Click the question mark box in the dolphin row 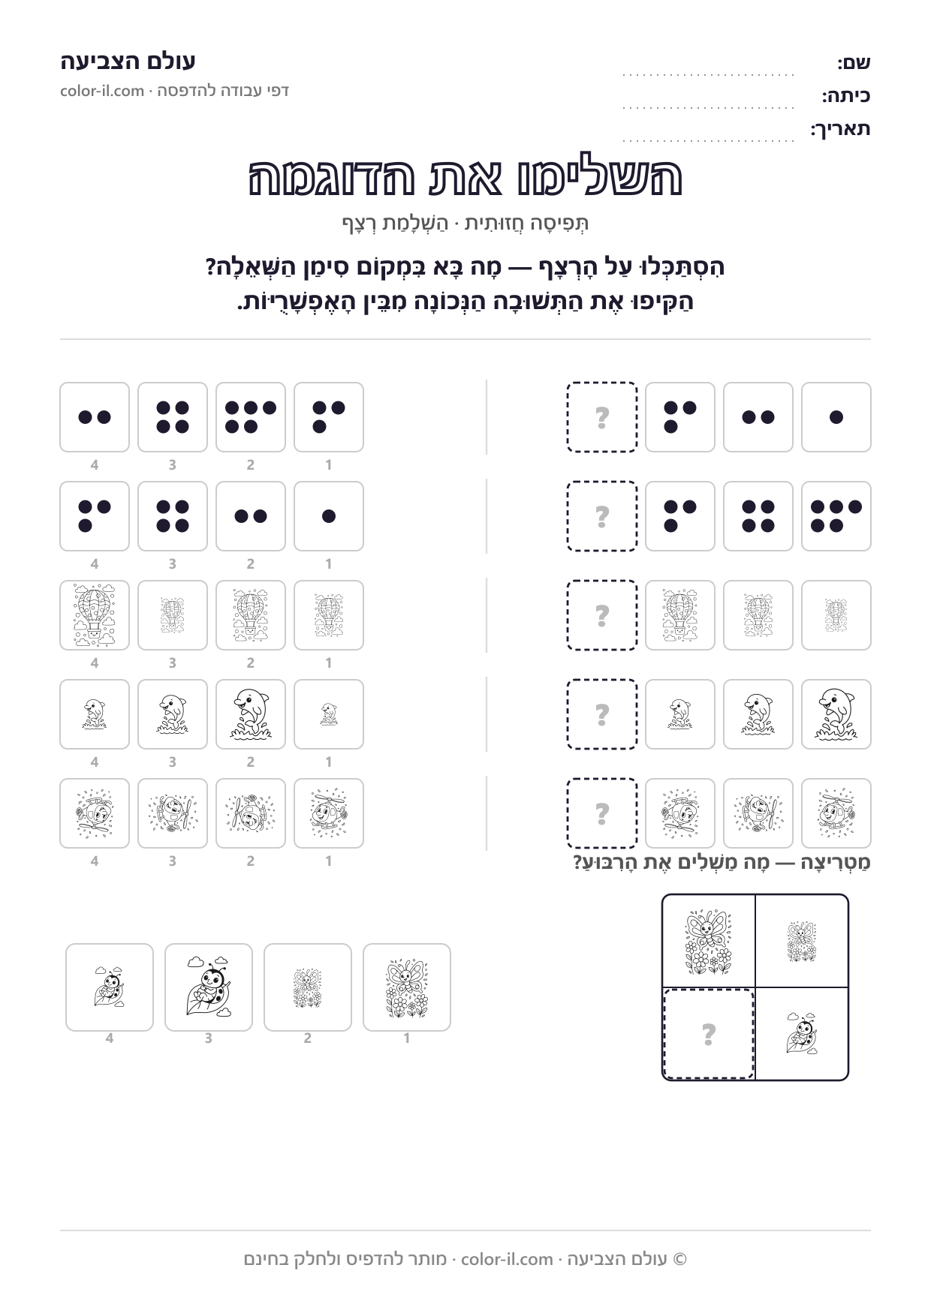point(602,714)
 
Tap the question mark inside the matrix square point(708,1035)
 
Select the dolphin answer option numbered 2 point(251,714)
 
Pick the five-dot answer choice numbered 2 point(251,417)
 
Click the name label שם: point(854,63)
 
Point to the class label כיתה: point(846,96)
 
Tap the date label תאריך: point(840,129)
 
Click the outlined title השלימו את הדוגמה point(465,177)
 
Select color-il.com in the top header point(102,91)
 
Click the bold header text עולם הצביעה point(128,61)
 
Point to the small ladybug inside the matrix point(802,1033)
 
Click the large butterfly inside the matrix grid point(708,942)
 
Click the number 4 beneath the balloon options point(95,663)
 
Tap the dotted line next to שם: point(708,75)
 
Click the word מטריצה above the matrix point(837,863)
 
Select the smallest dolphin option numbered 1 point(329,714)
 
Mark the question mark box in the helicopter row point(602,813)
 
